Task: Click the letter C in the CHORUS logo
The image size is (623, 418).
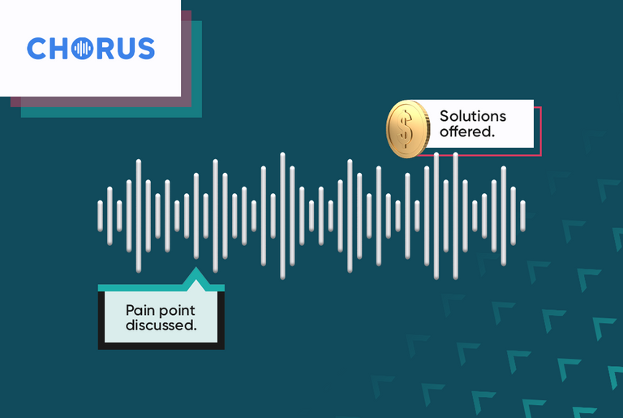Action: click(37, 49)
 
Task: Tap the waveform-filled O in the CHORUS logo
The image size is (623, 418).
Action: click(83, 49)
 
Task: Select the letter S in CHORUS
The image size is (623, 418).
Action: click(144, 49)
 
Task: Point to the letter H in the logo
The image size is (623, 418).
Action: click(59, 49)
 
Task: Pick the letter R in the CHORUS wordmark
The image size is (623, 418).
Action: click(104, 49)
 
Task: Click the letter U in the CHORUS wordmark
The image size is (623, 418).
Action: click(124, 49)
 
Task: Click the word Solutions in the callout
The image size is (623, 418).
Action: click(472, 117)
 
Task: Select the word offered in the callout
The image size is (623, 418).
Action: click(466, 131)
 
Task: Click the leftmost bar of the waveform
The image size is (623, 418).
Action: click(101, 216)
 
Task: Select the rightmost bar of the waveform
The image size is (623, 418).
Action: click(522, 216)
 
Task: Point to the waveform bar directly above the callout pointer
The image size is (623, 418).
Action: click(195, 216)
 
